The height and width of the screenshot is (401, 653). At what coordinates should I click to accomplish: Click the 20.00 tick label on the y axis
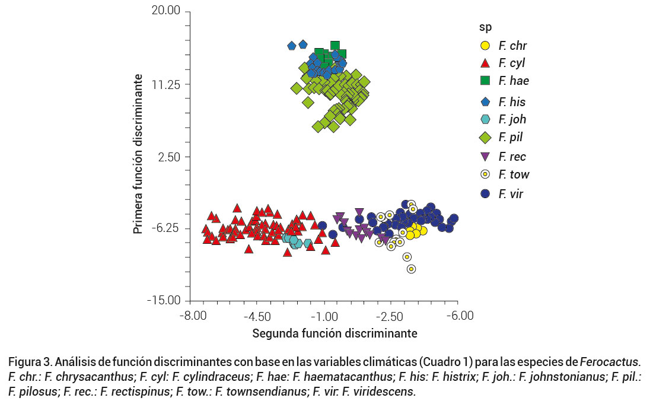165,11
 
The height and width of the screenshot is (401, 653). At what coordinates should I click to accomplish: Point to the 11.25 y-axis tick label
167,84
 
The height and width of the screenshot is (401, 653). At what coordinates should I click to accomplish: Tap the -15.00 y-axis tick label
164,301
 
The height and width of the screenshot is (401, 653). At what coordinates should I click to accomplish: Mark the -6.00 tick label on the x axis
458,316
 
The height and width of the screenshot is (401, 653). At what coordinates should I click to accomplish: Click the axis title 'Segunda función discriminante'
335,333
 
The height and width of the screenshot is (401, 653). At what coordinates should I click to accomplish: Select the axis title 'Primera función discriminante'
137,154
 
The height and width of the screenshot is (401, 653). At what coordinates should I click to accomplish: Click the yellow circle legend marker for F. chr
485,46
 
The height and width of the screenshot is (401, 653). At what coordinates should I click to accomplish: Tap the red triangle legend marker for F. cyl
485,63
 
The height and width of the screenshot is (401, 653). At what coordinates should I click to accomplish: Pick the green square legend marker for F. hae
485,81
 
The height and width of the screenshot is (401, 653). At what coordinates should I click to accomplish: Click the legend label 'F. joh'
512,119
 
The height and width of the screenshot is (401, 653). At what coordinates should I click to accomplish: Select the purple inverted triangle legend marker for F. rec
485,157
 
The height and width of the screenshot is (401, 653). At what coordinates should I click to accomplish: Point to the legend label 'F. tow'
514,174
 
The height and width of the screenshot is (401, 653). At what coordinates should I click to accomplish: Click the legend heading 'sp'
486,27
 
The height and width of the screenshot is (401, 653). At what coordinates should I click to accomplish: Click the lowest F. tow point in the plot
411,269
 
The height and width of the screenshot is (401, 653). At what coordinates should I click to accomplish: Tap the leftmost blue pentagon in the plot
292,46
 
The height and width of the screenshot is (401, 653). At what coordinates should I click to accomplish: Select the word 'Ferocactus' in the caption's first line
611,361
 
